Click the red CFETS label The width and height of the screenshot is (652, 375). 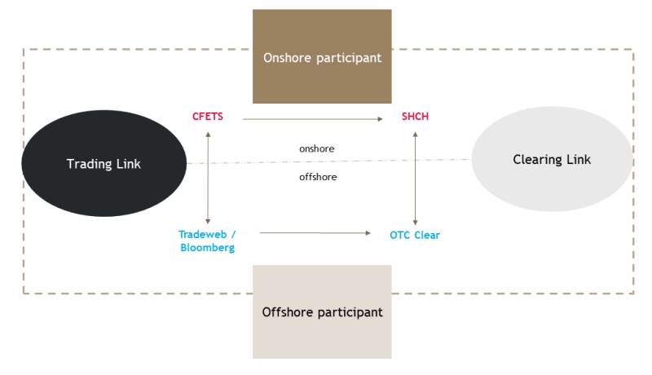(x=208, y=117)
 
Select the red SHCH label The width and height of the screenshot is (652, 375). (x=415, y=117)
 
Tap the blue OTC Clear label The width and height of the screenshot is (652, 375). (x=415, y=235)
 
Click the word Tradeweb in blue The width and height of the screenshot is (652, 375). (x=203, y=235)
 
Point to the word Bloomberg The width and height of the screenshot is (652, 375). (x=208, y=248)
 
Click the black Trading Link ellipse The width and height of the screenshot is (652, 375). (x=104, y=163)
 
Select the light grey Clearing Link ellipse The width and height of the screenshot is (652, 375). (x=553, y=159)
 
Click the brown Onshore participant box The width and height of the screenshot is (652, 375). (x=322, y=56)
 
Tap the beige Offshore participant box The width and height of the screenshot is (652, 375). (x=322, y=311)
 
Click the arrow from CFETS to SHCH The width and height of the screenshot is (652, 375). (x=313, y=119)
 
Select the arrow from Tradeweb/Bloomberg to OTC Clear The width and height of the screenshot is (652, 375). (x=315, y=233)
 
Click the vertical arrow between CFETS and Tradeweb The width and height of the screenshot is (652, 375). (x=208, y=178)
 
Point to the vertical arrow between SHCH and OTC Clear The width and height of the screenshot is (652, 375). (x=415, y=179)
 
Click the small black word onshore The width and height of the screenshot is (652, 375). (x=317, y=149)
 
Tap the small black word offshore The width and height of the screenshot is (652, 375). (x=318, y=177)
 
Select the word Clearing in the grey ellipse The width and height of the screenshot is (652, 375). (x=537, y=160)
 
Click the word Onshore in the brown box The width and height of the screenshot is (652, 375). (x=288, y=57)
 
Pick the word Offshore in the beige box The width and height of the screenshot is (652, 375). (x=288, y=311)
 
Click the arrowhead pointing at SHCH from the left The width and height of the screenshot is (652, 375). (x=381, y=119)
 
